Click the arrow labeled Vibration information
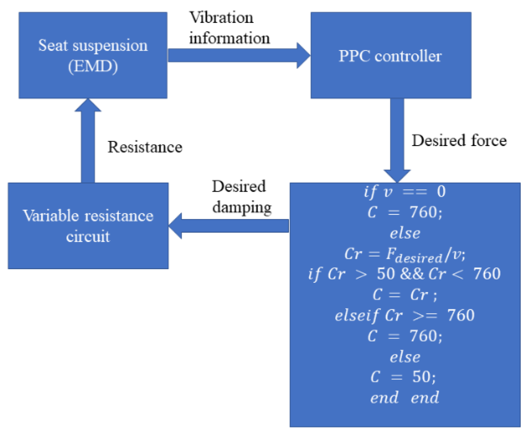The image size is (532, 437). (238, 56)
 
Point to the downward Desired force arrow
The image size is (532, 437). (397, 139)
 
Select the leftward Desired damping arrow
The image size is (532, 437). (229, 226)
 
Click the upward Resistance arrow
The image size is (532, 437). (88, 142)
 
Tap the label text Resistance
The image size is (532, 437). (145, 147)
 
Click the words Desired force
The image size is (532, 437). (459, 141)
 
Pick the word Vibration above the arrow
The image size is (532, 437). (221, 17)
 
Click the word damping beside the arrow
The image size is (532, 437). (242, 207)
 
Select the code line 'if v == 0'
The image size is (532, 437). (405, 191)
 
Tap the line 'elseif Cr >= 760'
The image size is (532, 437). (405, 315)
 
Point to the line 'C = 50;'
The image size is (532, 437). (403, 377)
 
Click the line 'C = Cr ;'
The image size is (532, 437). (405, 295)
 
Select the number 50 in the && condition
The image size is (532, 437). (386, 274)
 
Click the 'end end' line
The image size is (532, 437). (405, 397)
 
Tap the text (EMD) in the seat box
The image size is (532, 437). (93, 66)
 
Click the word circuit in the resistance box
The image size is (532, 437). (88, 237)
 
